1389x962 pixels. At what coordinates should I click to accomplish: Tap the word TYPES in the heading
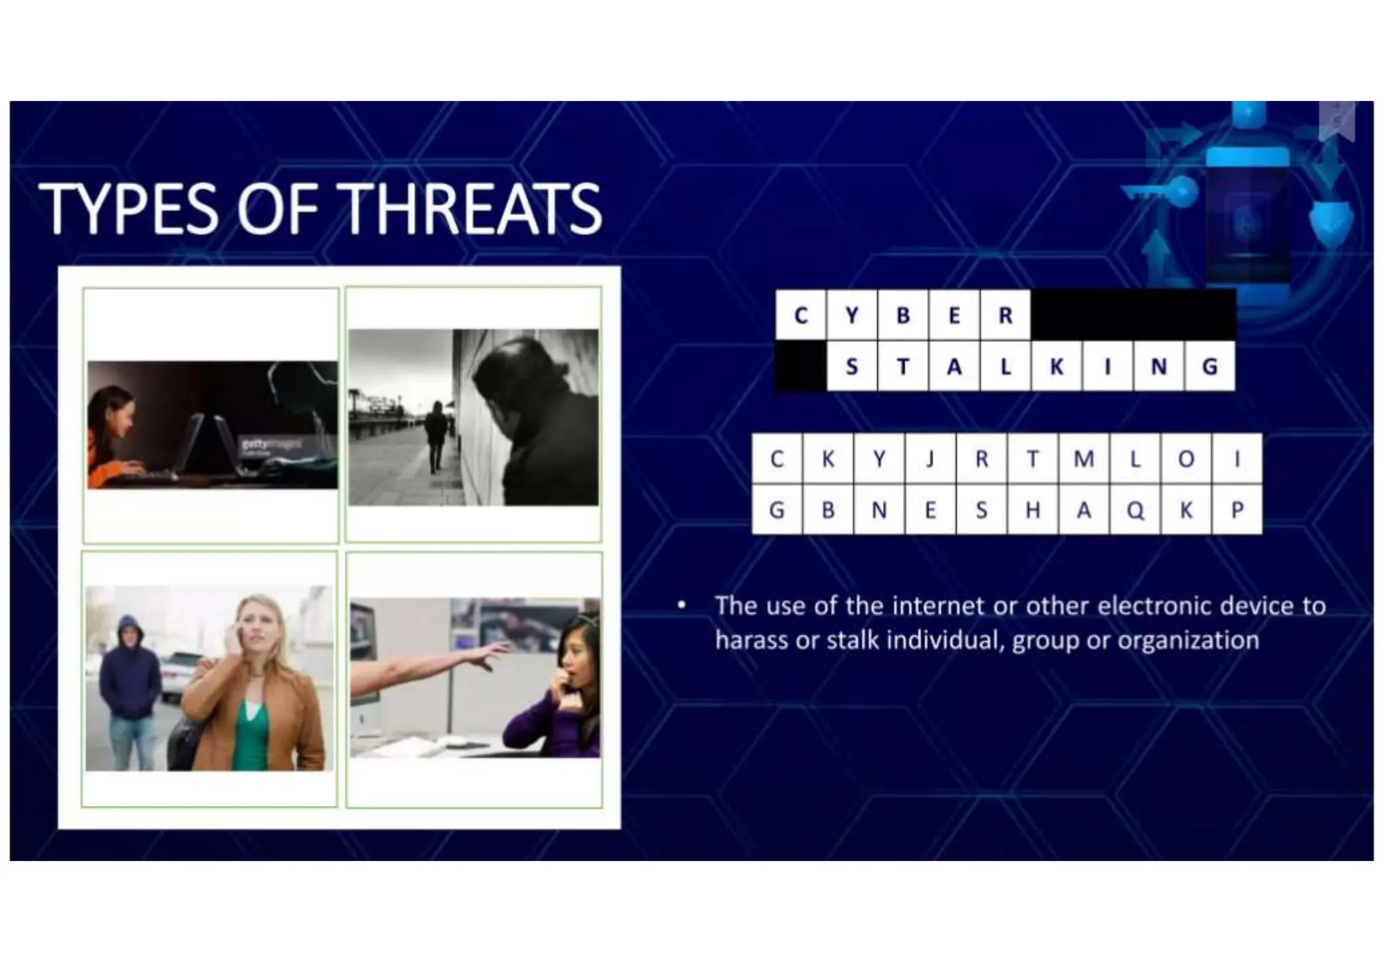129,209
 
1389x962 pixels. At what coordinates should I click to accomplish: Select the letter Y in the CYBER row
852,315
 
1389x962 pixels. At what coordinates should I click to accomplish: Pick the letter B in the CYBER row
903,315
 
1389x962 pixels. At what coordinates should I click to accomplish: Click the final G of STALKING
1209,367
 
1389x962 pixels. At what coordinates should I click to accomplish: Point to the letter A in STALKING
954,367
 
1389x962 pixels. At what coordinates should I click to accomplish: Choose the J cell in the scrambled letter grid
930,459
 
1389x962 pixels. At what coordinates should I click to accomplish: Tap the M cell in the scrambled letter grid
1084,459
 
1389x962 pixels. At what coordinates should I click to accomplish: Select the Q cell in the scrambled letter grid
1135,510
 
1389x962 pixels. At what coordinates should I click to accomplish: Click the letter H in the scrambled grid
1032,510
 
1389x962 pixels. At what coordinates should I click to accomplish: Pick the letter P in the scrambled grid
1237,510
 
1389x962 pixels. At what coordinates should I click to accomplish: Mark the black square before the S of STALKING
801,367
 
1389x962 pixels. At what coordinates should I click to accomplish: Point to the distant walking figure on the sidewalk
435,434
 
